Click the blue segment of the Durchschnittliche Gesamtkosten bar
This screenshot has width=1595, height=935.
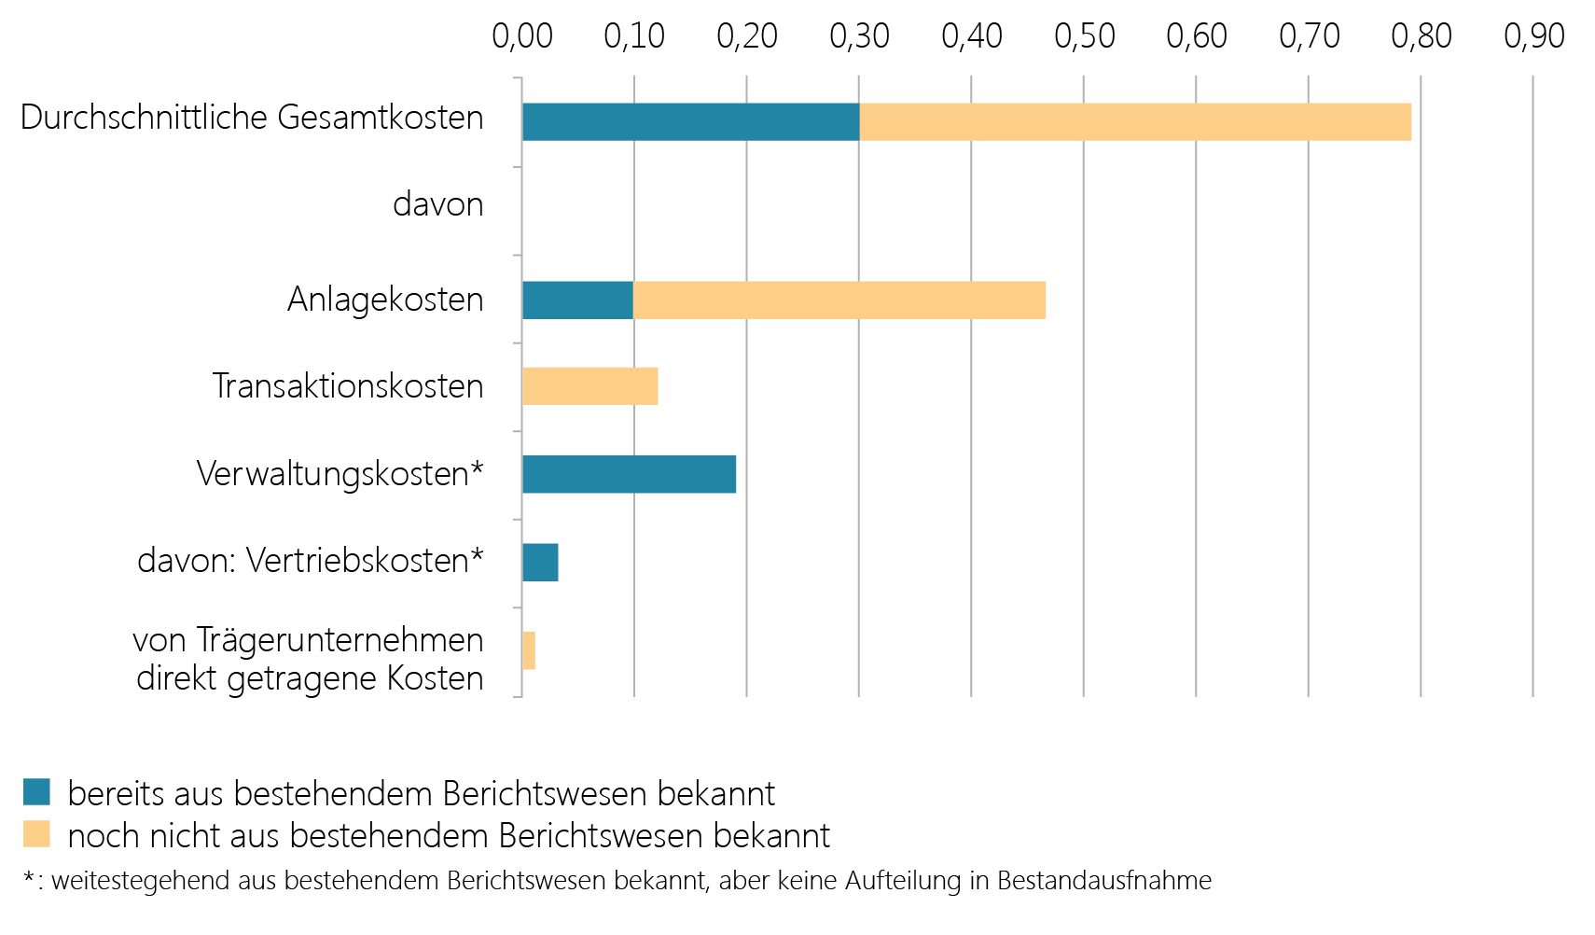click(x=690, y=122)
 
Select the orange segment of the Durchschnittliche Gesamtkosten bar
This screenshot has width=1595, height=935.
click(x=1134, y=122)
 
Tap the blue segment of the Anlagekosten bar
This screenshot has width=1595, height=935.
click(x=577, y=300)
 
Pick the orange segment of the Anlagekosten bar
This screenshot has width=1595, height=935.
click(x=839, y=300)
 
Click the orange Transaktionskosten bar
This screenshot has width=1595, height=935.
click(x=589, y=386)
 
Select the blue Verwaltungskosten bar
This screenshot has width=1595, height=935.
click(x=629, y=474)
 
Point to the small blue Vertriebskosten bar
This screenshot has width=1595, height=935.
click(x=540, y=563)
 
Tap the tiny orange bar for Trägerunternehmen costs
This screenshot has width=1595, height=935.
click(x=529, y=650)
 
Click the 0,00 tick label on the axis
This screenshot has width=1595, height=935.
click(x=522, y=36)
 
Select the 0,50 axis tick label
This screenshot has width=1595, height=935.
click(x=1084, y=36)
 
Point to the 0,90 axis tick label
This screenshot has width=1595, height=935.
click(x=1533, y=36)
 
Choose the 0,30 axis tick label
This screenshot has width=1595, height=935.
click(x=859, y=36)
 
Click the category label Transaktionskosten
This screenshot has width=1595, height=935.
click(x=348, y=386)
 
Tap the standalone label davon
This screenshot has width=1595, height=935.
click(x=437, y=204)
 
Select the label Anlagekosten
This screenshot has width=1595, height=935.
click(x=385, y=300)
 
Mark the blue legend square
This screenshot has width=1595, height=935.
click(x=36, y=792)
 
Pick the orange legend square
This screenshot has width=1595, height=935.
click(x=36, y=834)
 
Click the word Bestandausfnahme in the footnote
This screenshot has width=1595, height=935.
click(x=1104, y=881)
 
